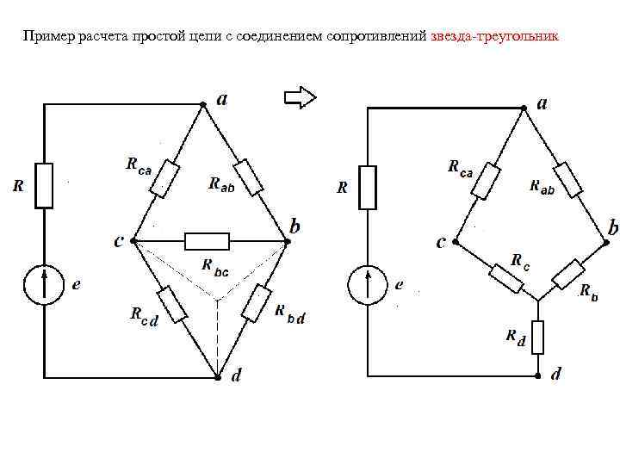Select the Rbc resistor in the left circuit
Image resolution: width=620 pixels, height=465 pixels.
[207, 241]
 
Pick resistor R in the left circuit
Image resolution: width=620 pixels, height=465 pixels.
[44, 184]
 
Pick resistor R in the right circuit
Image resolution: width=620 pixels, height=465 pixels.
[368, 187]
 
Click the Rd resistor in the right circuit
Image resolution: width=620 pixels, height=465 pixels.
[537, 337]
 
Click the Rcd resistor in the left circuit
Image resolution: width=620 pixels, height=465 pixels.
[173, 305]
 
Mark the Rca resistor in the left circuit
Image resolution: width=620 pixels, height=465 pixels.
[164, 177]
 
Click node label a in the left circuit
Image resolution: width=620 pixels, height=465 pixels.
[222, 100]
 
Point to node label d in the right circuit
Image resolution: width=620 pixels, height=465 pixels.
[556, 374]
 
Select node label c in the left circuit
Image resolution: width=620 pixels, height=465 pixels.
[118, 241]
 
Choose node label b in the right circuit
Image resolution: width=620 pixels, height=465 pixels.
[612, 228]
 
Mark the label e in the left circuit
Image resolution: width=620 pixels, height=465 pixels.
[77, 285]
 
